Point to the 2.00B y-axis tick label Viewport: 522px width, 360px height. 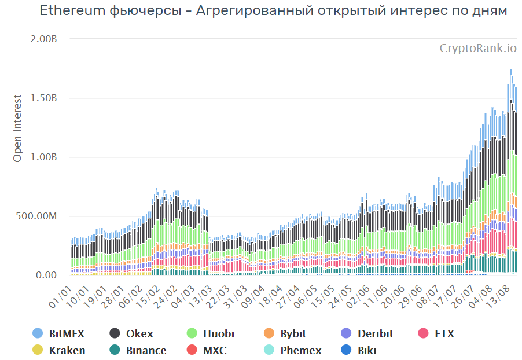pyautogui.click(x=44, y=39)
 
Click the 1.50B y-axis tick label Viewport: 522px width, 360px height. pyautogui.click(x=44, y=98)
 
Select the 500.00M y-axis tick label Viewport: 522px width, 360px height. pyautogui.click(x=38, y=216)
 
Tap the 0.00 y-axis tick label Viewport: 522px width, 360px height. pyautogui.click(x=47, y=275)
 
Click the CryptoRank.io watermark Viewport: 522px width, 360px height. pyautogui.click(x=478, y=48)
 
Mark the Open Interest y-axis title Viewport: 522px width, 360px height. pyautogui.click(x=17, y=128)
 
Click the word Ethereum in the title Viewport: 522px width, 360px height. pyautogui.click(x=71, y=11)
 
